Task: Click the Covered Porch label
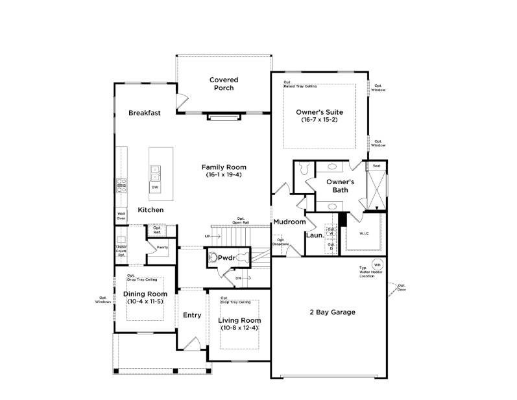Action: [224, 84]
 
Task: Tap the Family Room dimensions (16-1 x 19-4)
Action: [224, 175]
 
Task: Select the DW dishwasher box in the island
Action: [155, 187]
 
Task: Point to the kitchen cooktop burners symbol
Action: [121, 185]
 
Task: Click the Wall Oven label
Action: [121, 216]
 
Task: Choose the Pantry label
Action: [162, 247]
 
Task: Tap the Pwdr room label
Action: [226, 257]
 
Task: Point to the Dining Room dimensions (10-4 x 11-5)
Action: [145, 302]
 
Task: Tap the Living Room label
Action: [239, 320]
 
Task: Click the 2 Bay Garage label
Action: [333, 312]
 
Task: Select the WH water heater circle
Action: [377, 265]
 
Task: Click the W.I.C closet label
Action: [365, 233]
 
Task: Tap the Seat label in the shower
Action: [376, 166]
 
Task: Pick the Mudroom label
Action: [289, 222]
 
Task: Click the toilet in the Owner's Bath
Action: [305, 169]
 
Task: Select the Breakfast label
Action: [144, 113]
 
